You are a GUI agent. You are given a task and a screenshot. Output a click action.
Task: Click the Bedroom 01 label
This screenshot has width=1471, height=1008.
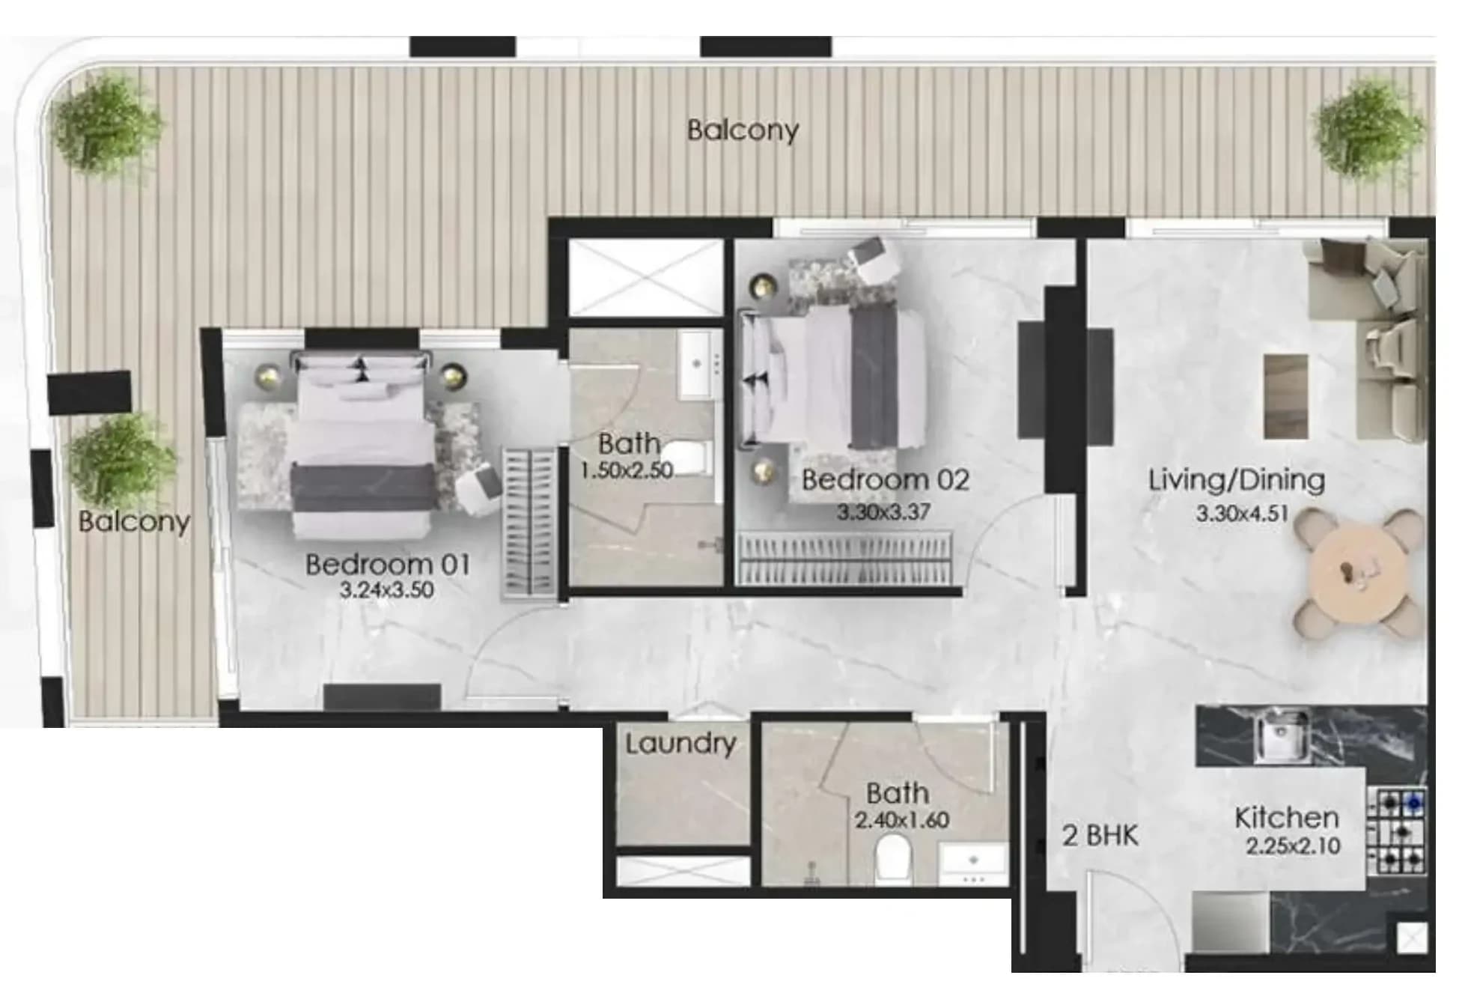coord(388,564)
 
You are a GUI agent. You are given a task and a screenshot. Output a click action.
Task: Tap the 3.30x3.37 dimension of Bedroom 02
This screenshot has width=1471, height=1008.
coord(883,512)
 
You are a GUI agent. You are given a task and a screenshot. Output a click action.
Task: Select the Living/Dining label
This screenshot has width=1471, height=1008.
coord(1237,480)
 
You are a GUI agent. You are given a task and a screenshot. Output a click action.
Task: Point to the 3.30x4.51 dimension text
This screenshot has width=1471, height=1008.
coord(1242,514)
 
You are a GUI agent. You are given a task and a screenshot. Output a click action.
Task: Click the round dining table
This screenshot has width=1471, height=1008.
coord(1358,574)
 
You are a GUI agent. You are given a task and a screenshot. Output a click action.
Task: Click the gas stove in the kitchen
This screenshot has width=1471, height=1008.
coord(1398,832)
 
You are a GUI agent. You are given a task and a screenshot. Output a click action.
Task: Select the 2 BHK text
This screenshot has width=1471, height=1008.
coord(1100,836)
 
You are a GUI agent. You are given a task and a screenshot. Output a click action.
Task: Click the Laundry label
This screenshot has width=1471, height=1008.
coord(680,744)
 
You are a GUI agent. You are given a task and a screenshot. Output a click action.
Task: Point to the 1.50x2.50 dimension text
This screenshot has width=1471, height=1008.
coord(627,470)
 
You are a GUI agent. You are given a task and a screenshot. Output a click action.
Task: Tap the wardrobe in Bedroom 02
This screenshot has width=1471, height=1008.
coord(845,559)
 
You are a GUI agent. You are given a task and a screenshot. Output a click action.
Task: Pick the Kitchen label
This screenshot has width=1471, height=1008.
coord(1286,818)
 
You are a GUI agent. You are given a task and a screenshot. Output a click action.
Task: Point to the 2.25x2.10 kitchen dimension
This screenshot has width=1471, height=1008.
coord(1293,846)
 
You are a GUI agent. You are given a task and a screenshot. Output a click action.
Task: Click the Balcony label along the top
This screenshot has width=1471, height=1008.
coord(743,130)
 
